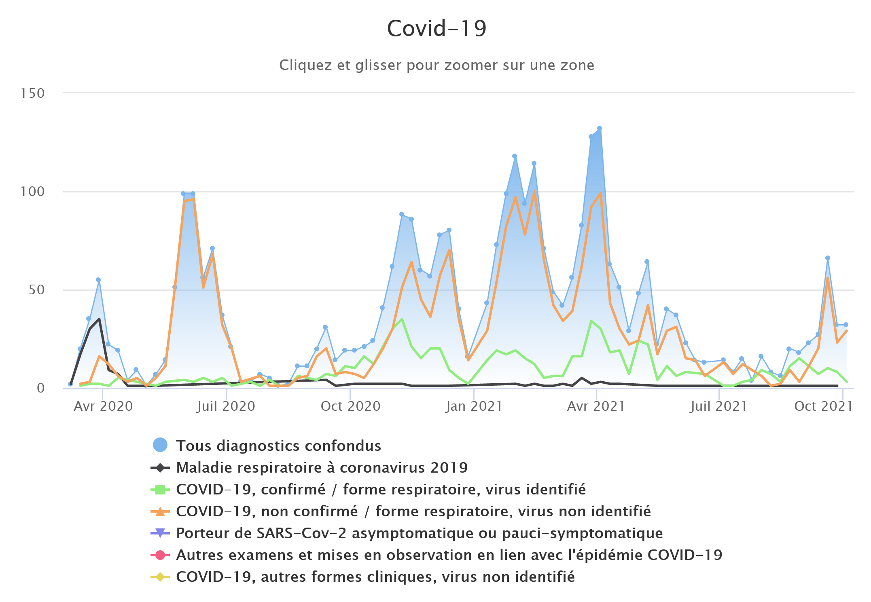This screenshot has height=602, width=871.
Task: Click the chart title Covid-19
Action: click(x=437, y=28)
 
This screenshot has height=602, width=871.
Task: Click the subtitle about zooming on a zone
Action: click(x=437, y=65)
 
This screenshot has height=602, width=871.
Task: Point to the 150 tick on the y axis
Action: click(x=32, y=93)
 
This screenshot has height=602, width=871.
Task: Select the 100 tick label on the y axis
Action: click(x=32, y=192)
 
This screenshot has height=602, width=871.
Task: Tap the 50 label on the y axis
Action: click(x=36, y=290)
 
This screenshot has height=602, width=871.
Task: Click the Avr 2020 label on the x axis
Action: click(x=103, y=406)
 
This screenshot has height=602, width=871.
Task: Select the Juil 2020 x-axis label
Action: click(x=226, y=406)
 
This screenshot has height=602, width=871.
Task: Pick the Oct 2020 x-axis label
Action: click(x=350, y=406)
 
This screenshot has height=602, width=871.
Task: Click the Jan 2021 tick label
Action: click(x=474, y=406)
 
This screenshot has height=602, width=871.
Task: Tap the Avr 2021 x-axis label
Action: click(x=596, y=406)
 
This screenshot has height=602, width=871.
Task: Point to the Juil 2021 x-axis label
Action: click(x=718, y=406)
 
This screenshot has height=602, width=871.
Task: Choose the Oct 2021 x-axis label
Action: click(x=823, y=406)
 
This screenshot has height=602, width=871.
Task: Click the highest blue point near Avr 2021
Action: click(x=600, y=129)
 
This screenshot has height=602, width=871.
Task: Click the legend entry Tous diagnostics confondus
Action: click(x=278, y=446)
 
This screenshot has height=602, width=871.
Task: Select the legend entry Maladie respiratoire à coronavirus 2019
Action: click(x=322, y=467)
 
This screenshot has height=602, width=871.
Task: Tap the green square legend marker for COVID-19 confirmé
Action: click(x=160, y=490)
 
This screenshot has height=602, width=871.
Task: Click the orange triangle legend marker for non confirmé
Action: click(x=160, y=511)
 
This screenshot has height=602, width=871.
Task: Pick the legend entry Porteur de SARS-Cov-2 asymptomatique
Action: click(x=419, y=533)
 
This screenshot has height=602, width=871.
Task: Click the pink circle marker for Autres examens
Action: click(x=160, y=555)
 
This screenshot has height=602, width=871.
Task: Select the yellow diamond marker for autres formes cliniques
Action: click(x=160, y=577)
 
